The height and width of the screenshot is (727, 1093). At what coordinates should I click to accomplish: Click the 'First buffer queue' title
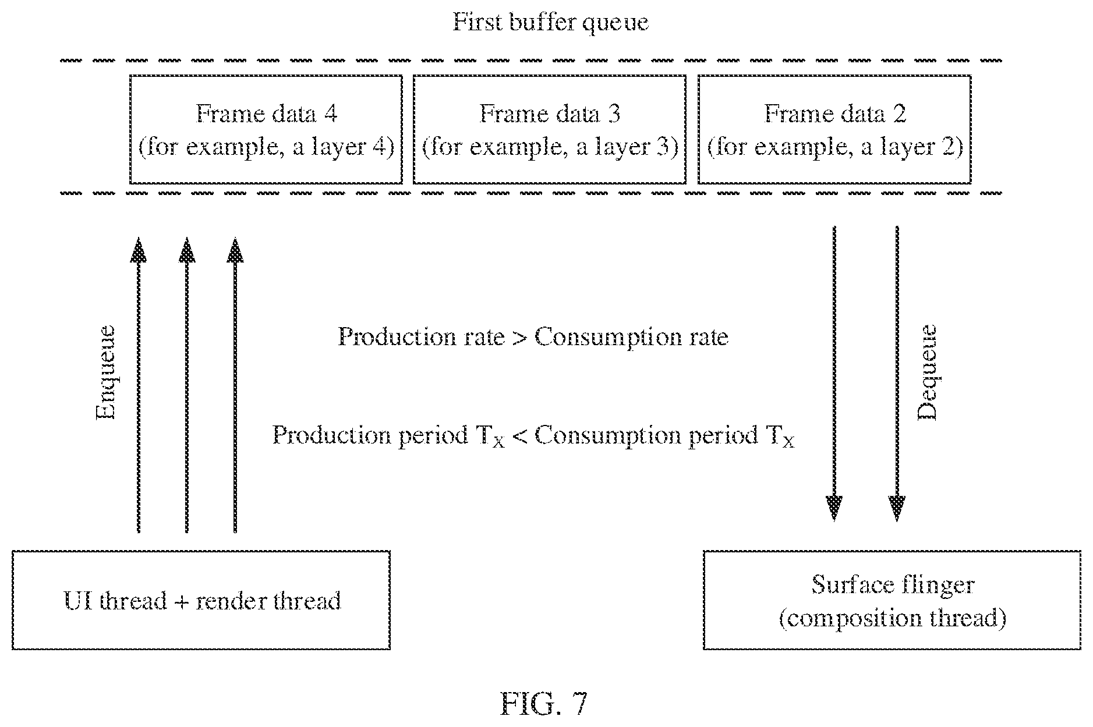(x=550, y=23)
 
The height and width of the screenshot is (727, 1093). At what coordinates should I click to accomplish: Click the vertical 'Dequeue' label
(x=927, y=372)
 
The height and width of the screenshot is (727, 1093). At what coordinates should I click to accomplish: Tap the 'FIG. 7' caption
(x=544, y=704)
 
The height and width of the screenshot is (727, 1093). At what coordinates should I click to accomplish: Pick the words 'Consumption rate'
(x=631, y=337)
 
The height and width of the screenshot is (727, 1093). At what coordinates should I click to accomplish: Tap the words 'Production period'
(x=370, y=435)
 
